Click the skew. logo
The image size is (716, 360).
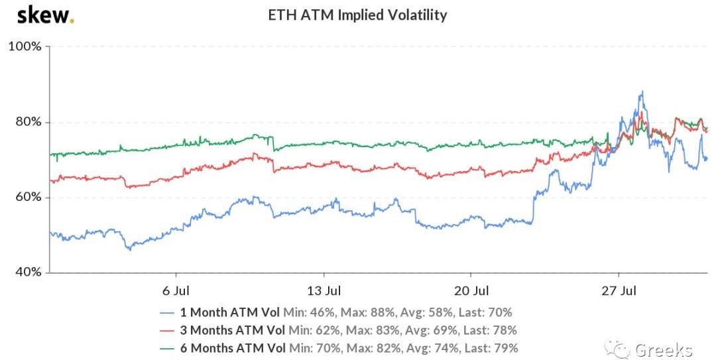tap(45, 15)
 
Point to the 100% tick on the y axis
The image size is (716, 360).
tap(25, 46)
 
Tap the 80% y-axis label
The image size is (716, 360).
tap(27, 122)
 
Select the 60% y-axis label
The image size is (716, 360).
tap(27, 198)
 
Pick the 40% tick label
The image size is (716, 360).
tap(27, 272)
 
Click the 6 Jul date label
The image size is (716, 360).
tap(175, 290)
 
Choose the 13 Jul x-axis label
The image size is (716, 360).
tap(324, 290)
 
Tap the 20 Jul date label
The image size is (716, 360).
tap(471, 290)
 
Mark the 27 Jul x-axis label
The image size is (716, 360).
tap(619, 290)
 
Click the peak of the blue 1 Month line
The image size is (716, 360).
tap(642, 92)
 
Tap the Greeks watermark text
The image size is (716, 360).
tap(663, 349)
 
